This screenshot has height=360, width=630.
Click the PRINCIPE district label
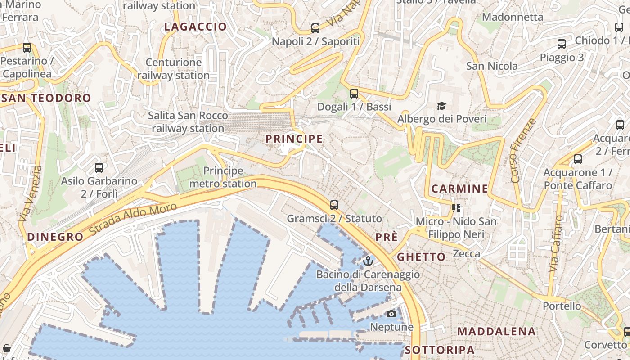tap(294, 139)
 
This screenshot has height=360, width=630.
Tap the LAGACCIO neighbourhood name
tap(195, 27)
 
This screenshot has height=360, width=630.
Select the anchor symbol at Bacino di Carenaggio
tap(368, 261)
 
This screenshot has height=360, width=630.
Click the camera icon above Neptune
tap(391, 314)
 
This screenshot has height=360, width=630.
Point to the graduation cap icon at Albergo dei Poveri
tap(442, 106)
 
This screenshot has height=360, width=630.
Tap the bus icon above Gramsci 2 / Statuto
tap(334, 205)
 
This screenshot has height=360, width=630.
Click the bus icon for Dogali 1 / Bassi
tap(354, 94)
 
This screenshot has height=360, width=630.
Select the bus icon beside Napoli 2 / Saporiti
tap(315, 28)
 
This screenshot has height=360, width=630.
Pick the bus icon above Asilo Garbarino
tap(99, 168)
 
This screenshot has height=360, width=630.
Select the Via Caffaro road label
tap(556, 243)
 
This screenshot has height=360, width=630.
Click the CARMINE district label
tap(459, 189)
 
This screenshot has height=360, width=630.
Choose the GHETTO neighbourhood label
tap(421, 257)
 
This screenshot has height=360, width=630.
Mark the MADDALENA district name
tap(496, 332)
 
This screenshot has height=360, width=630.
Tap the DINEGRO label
tap(55, 237)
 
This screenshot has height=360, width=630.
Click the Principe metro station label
tap(223, 177)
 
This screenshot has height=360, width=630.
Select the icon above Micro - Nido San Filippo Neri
tap(456, 208)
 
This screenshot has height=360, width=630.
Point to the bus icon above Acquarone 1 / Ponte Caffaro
tap(578, 159)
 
